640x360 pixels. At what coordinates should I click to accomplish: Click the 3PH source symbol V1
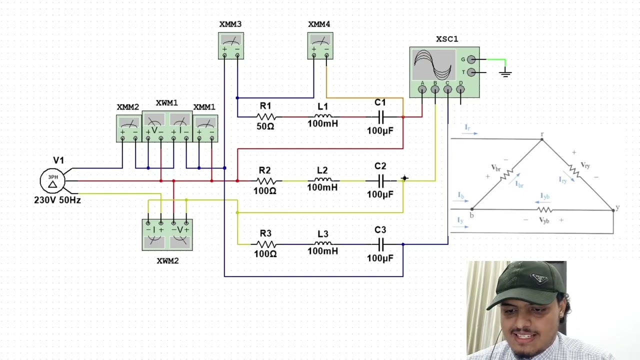tap(52, 181)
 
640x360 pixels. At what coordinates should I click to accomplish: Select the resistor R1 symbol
tap(265, 117)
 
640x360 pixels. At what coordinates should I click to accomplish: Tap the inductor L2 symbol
tap(323, 180)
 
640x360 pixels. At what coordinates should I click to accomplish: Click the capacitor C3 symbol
tap(381, 244)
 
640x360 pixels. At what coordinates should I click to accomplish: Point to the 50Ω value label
tap(265, 126)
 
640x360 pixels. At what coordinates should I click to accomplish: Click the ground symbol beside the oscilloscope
tap(505, 73)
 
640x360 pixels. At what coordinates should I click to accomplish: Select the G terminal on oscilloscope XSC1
tap(471, 59)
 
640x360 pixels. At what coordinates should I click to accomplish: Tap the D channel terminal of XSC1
tap(460, 89)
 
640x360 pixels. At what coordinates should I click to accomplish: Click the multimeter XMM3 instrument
tap(231, 45)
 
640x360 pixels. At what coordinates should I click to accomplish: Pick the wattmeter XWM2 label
tap(167, 261)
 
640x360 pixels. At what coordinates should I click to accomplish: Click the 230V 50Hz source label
tap(57, 200)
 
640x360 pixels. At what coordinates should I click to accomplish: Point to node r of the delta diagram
tap(541, 139)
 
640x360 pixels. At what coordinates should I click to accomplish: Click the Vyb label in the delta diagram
tap(544, 220)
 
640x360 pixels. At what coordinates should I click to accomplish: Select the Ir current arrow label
tap(467, 127)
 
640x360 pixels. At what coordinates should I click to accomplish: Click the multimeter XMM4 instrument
tap(320, 45)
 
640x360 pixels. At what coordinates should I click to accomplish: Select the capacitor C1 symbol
tap(381, 117)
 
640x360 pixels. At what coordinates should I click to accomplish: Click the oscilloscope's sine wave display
tap(433, 65)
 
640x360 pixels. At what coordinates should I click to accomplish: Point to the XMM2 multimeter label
tap(127, 107)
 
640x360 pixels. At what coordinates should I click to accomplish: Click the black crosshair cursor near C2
tap(404, 178)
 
